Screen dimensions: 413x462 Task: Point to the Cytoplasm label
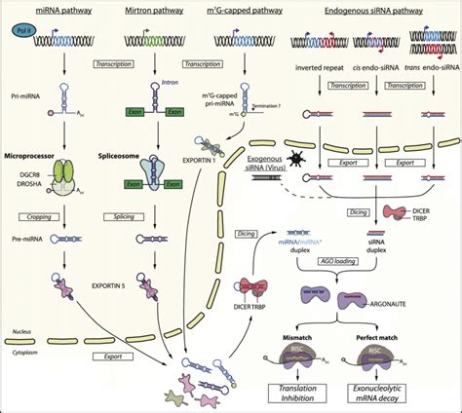click(26, 345)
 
